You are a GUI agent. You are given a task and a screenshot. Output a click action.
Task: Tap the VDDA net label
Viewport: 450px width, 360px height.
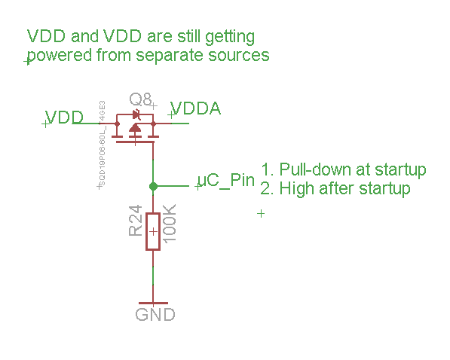(x=196, y=108)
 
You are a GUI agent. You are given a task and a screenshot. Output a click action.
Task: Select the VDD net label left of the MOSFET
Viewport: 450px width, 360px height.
(x=64, y=117)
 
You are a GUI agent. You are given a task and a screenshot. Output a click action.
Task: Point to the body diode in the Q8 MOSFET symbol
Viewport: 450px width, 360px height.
(x=136, y=115)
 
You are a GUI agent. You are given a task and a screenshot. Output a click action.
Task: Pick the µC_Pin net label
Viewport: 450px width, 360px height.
(x=225, y=181)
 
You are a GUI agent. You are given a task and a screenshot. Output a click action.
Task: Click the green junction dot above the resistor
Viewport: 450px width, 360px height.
(x=153, y=186)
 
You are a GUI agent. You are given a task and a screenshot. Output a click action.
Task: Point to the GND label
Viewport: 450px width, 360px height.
(x=155, y=314)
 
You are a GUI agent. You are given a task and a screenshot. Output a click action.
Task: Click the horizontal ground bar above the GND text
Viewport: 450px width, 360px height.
(x=153, y=303)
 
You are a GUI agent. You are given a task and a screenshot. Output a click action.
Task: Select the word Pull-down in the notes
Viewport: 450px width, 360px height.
(x=311, y=169)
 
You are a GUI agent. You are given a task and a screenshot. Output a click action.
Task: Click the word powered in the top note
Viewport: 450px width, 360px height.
(x=57, y=56)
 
